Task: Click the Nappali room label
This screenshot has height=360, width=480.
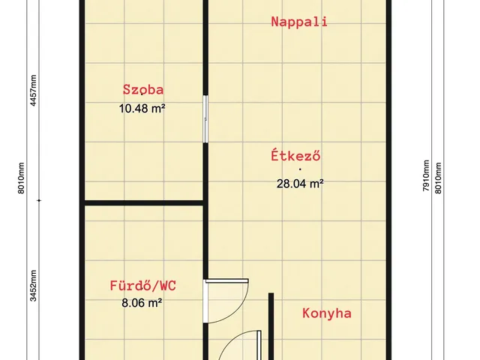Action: [x=299, y=22]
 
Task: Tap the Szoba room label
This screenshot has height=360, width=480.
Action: [x=143, y=90]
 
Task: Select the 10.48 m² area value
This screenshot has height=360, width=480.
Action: [x=142, y=108]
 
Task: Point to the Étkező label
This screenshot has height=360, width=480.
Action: [x=296, y=157]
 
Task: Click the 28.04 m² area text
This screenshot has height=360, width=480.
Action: [x=300, y=182]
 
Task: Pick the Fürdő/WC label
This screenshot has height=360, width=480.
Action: [x=143, y=286]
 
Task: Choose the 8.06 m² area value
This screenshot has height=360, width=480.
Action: [x=142, y=304]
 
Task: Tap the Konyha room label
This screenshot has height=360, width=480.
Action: [x=327, y=313]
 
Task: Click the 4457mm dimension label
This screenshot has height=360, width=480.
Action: [x=32, y=91]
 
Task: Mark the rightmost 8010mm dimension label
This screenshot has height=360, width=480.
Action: [x=439, y=177]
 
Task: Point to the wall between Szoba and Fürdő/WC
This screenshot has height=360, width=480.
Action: [x=144, y=202]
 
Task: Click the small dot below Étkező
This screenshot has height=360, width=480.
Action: [x=299, y=169]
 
